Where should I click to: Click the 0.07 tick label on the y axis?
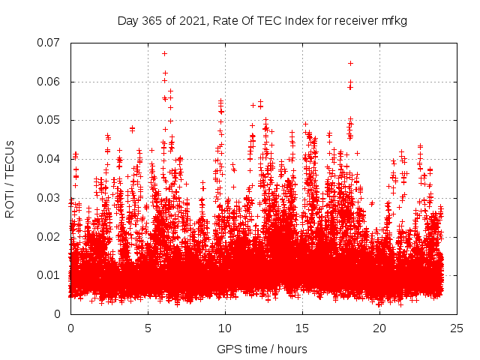coord(49,43)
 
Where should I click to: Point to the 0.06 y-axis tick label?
coord(49,82)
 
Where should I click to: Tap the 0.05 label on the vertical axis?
coord(49,120)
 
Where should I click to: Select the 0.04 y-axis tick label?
coord(49,159)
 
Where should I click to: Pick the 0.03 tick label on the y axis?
coord(49,198)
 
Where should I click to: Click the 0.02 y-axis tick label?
coord(49,237)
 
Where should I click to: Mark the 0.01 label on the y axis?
coord(49,275)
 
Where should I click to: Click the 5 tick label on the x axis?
coord(148,328)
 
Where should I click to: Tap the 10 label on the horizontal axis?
coord(225,328)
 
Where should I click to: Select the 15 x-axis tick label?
coord(302,328)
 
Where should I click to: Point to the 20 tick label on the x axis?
coord(379,328)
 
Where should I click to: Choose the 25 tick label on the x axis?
coord(457,328)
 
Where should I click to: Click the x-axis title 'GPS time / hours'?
coord(262,349)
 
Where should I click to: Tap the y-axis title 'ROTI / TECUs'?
coord(10,178)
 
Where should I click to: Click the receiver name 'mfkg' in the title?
coord(393,21)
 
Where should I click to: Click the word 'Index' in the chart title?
coord(298,21)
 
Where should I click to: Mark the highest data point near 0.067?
coord(164,53)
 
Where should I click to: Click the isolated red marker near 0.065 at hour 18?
coord(350,63)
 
